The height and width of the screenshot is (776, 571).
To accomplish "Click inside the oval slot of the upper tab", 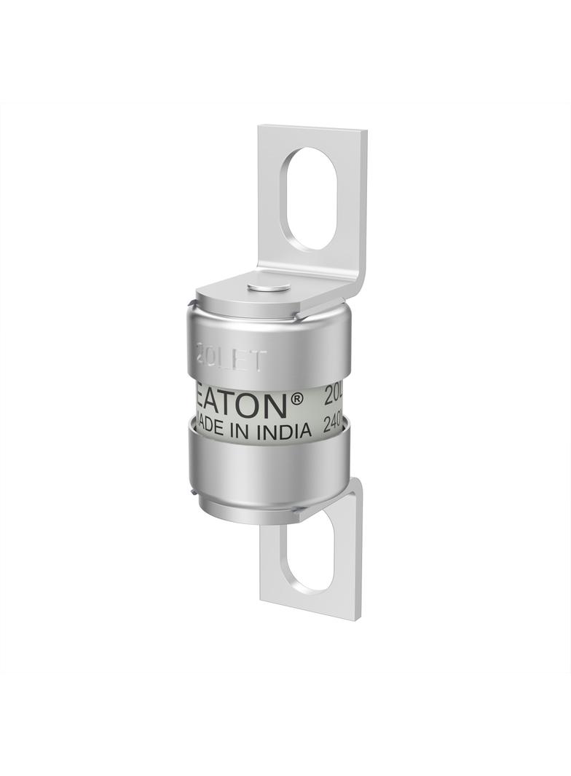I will pyautogui.click(x=312, y=198).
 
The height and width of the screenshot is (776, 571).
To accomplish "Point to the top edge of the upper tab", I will pyautogui.click(x=313, y=130).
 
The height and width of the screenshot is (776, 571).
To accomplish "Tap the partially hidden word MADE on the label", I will pyautogui.click(x=205, y=429).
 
